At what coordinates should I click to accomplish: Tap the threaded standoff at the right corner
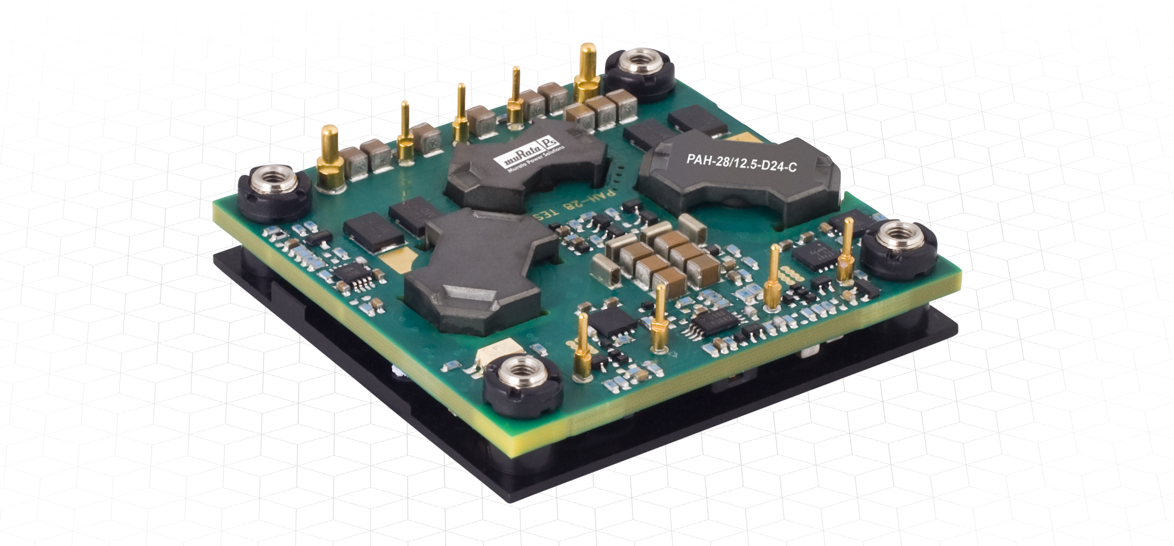(x=897, y=246)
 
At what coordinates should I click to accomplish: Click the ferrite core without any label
(x=479, y=273)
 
